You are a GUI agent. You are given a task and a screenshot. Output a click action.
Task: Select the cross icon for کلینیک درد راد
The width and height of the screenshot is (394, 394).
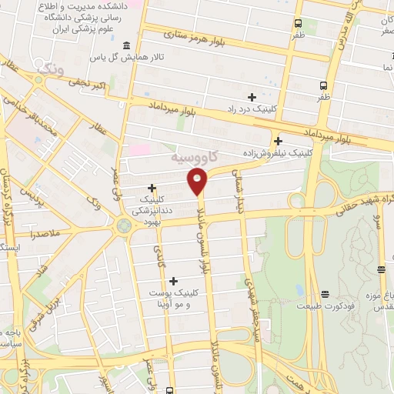click(252, 96)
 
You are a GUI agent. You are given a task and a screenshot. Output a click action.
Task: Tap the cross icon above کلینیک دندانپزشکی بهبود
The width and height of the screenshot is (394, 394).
click(152, 187)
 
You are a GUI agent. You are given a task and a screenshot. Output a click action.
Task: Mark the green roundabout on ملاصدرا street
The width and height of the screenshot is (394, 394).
click(122, 226)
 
